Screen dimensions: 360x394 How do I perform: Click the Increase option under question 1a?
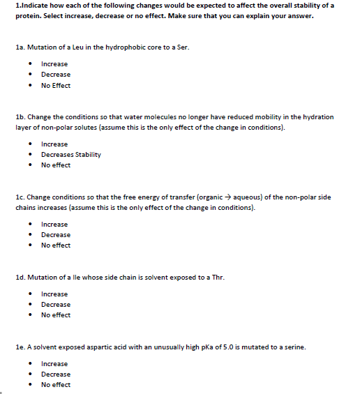pos(54,63)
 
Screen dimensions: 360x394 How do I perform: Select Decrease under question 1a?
pos(55,74)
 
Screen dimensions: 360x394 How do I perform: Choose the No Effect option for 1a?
pos(56,85)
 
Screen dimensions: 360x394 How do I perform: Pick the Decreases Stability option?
pos(70,154)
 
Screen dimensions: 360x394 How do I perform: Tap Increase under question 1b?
pos(54,144)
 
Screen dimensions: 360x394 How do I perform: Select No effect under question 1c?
pos(56,245)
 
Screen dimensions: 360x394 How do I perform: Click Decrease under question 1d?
pos(55,304)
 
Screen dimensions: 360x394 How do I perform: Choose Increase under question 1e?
pos(54,363)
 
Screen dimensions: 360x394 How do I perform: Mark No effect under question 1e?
pos(56,384)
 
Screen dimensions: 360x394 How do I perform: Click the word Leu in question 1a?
pos(78,47)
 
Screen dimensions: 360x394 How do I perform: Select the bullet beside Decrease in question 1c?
pos(33,235)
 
